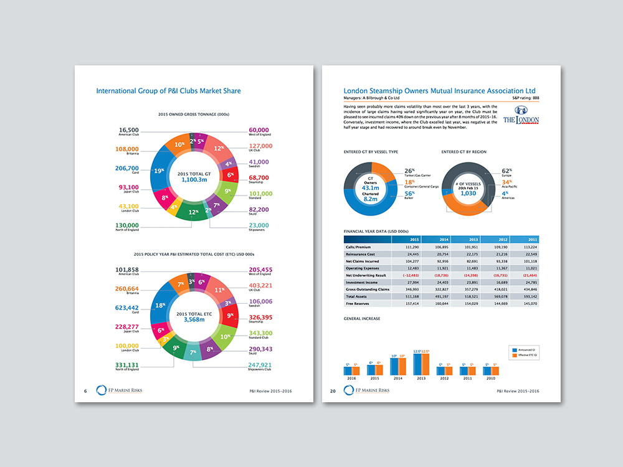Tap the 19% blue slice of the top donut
[x=159, y=170]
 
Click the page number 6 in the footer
[x=85, y=390]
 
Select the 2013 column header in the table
[x=474, y=239]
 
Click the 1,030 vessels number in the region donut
[x=467, y=193]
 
